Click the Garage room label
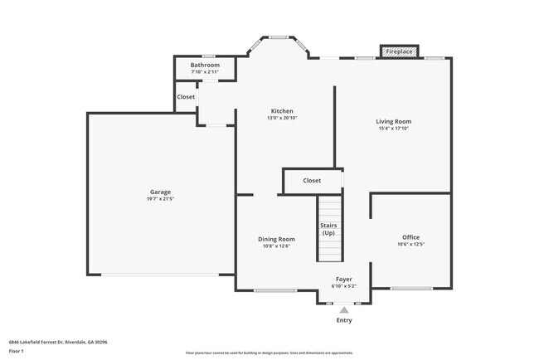coord(161,192)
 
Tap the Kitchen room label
coord(282,111)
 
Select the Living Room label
coord(395,121)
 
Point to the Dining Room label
coord(276,239)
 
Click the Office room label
coord(411,237)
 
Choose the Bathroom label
coord(205,65)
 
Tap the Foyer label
coord(343,279)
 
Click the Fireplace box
coord(399,51)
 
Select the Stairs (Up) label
coord(328,229)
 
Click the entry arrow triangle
coord(343,309)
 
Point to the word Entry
coord(343,320)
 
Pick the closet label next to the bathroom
coord(186,97)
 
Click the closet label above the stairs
coord(312,180)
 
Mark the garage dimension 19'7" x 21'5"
coord(161,199)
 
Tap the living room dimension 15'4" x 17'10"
coord(395,129)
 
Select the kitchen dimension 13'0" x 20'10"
coord(282,119)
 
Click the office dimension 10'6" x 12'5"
coord(411,245)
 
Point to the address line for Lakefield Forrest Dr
coord(58,342)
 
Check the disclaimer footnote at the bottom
coord(269,353)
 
